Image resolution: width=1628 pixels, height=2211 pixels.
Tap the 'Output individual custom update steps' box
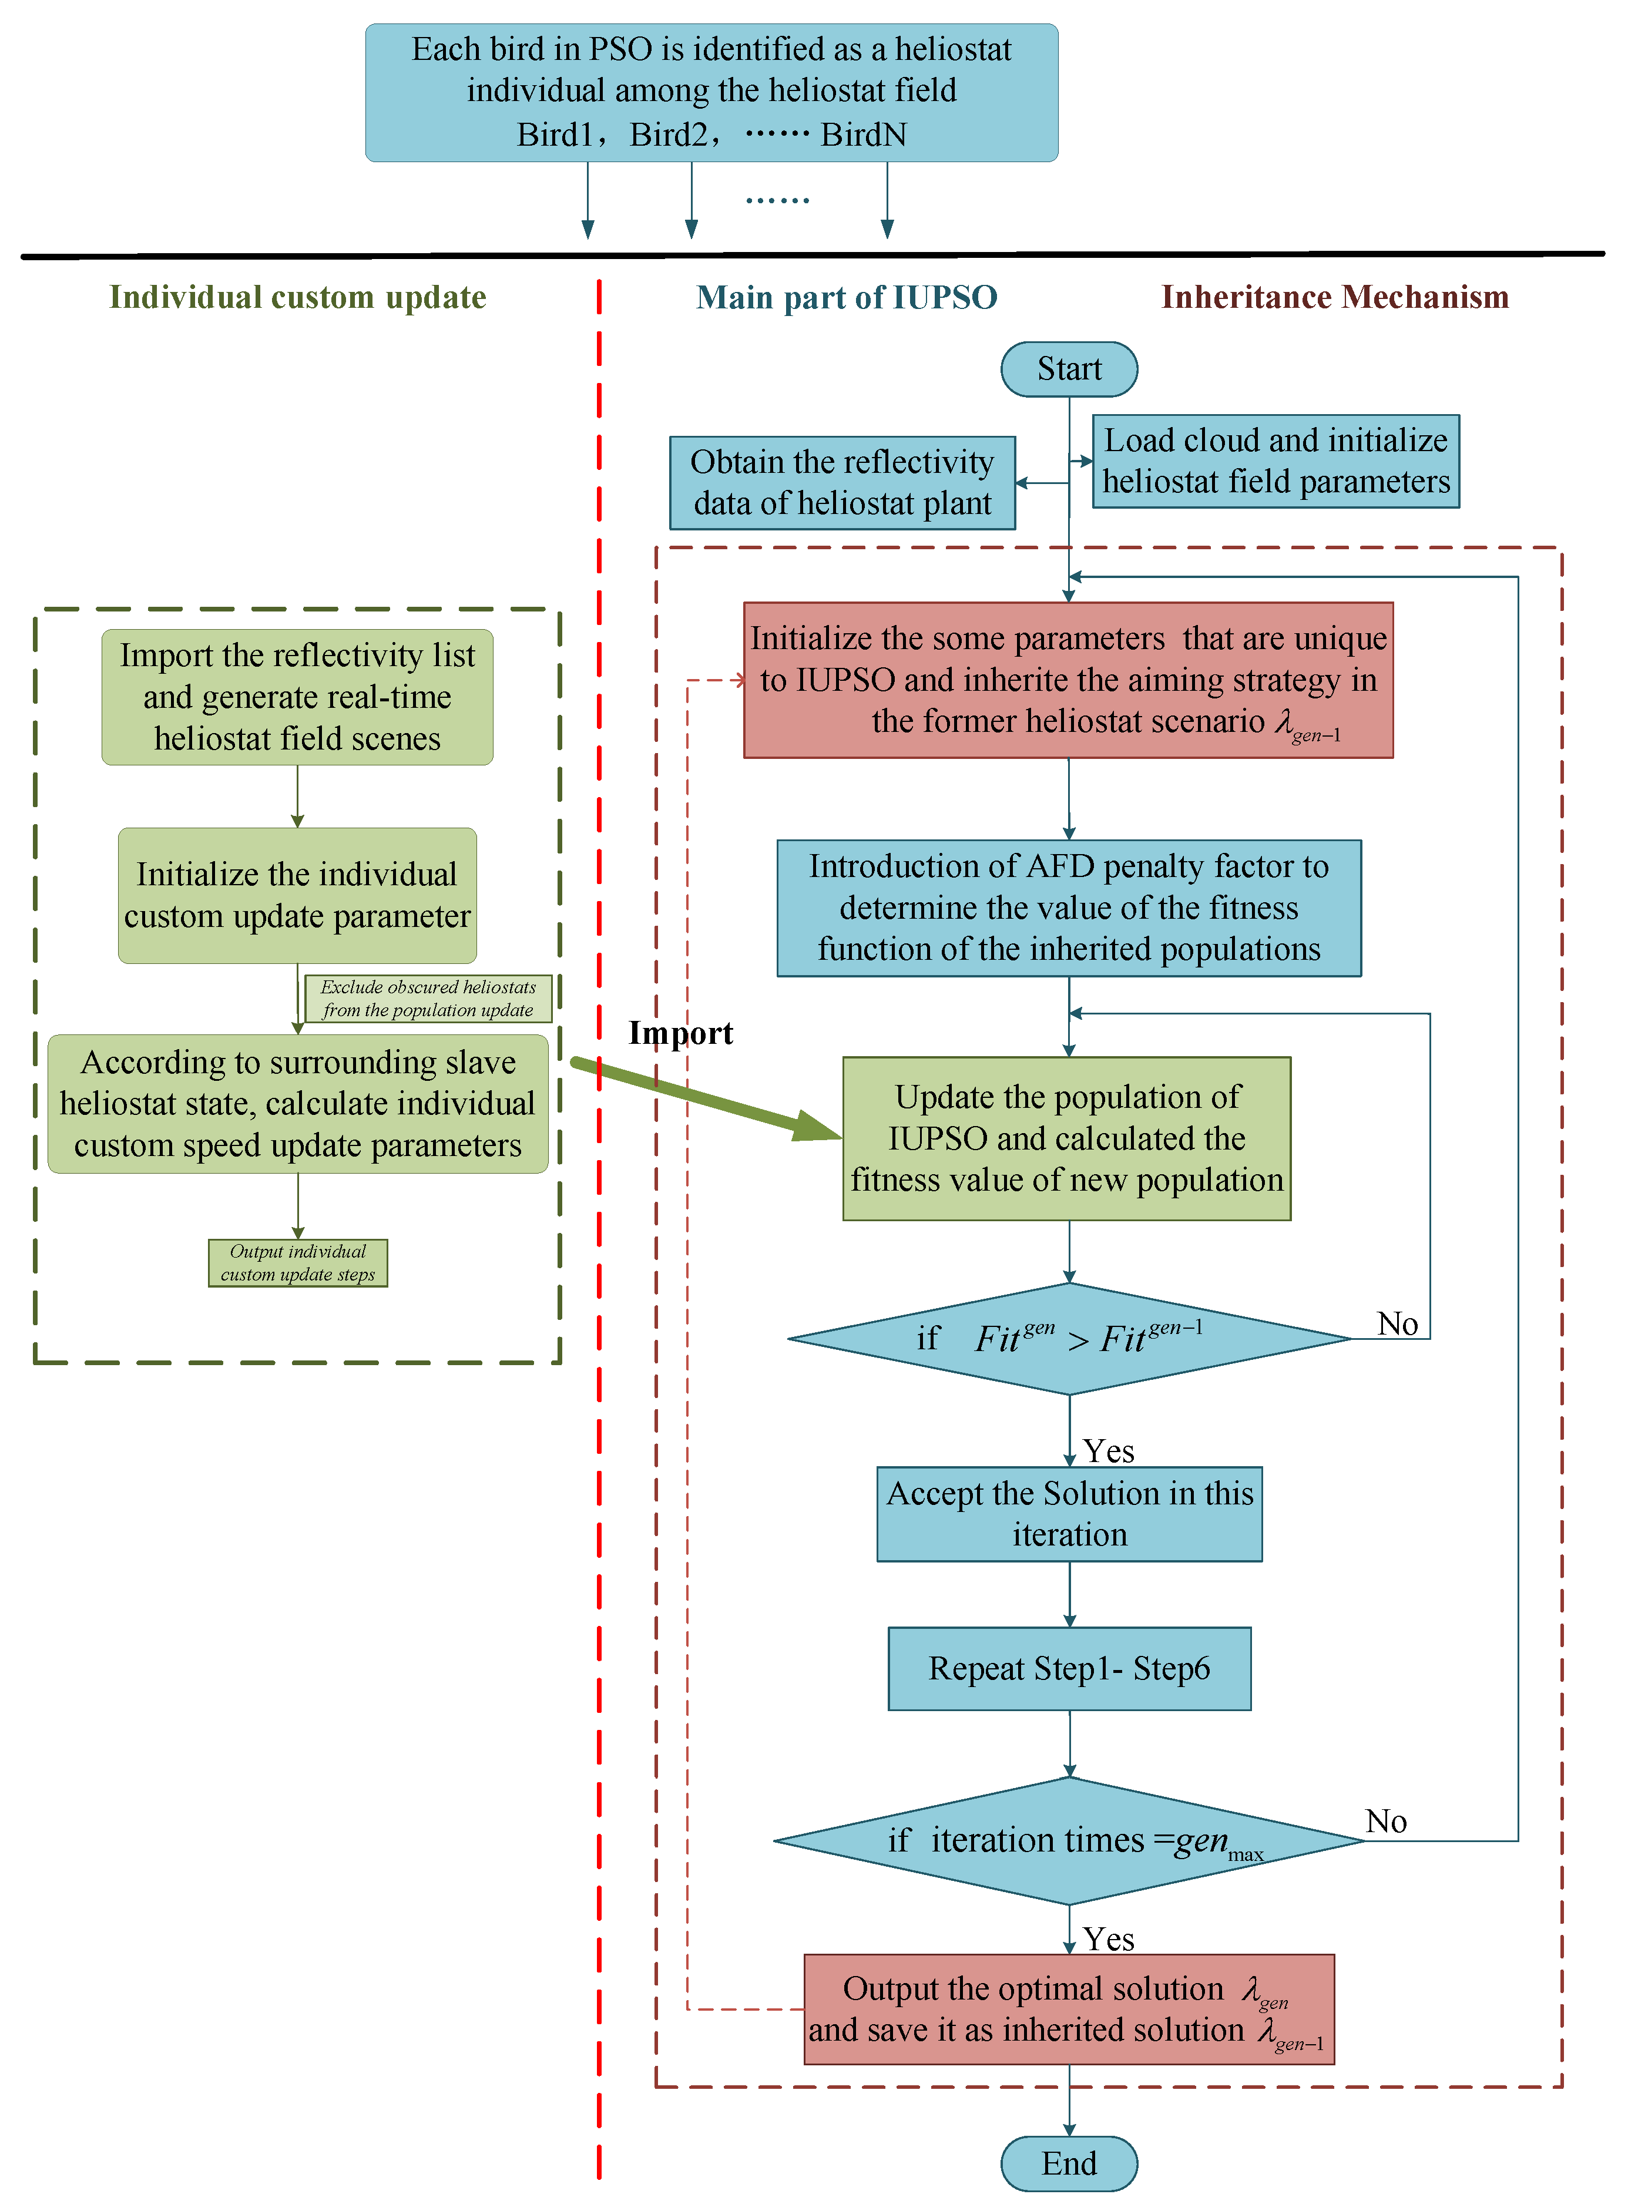(x=298, y=1262)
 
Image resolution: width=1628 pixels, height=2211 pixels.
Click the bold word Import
(x=680, y=1033)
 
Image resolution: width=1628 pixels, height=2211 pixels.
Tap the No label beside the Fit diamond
(x=1397, y=1323)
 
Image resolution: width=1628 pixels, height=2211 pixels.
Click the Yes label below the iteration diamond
(x=1109, y=1939)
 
